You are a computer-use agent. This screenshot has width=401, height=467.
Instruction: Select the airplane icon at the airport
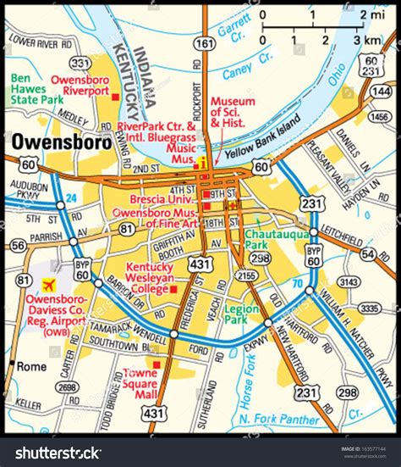(x=48, y=283)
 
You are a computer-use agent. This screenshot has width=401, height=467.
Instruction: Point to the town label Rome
(x=33, y=366)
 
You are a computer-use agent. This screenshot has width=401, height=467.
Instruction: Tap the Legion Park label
(x=241, y=314)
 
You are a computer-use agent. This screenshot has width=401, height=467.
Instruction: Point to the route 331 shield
(x=80, y=63)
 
